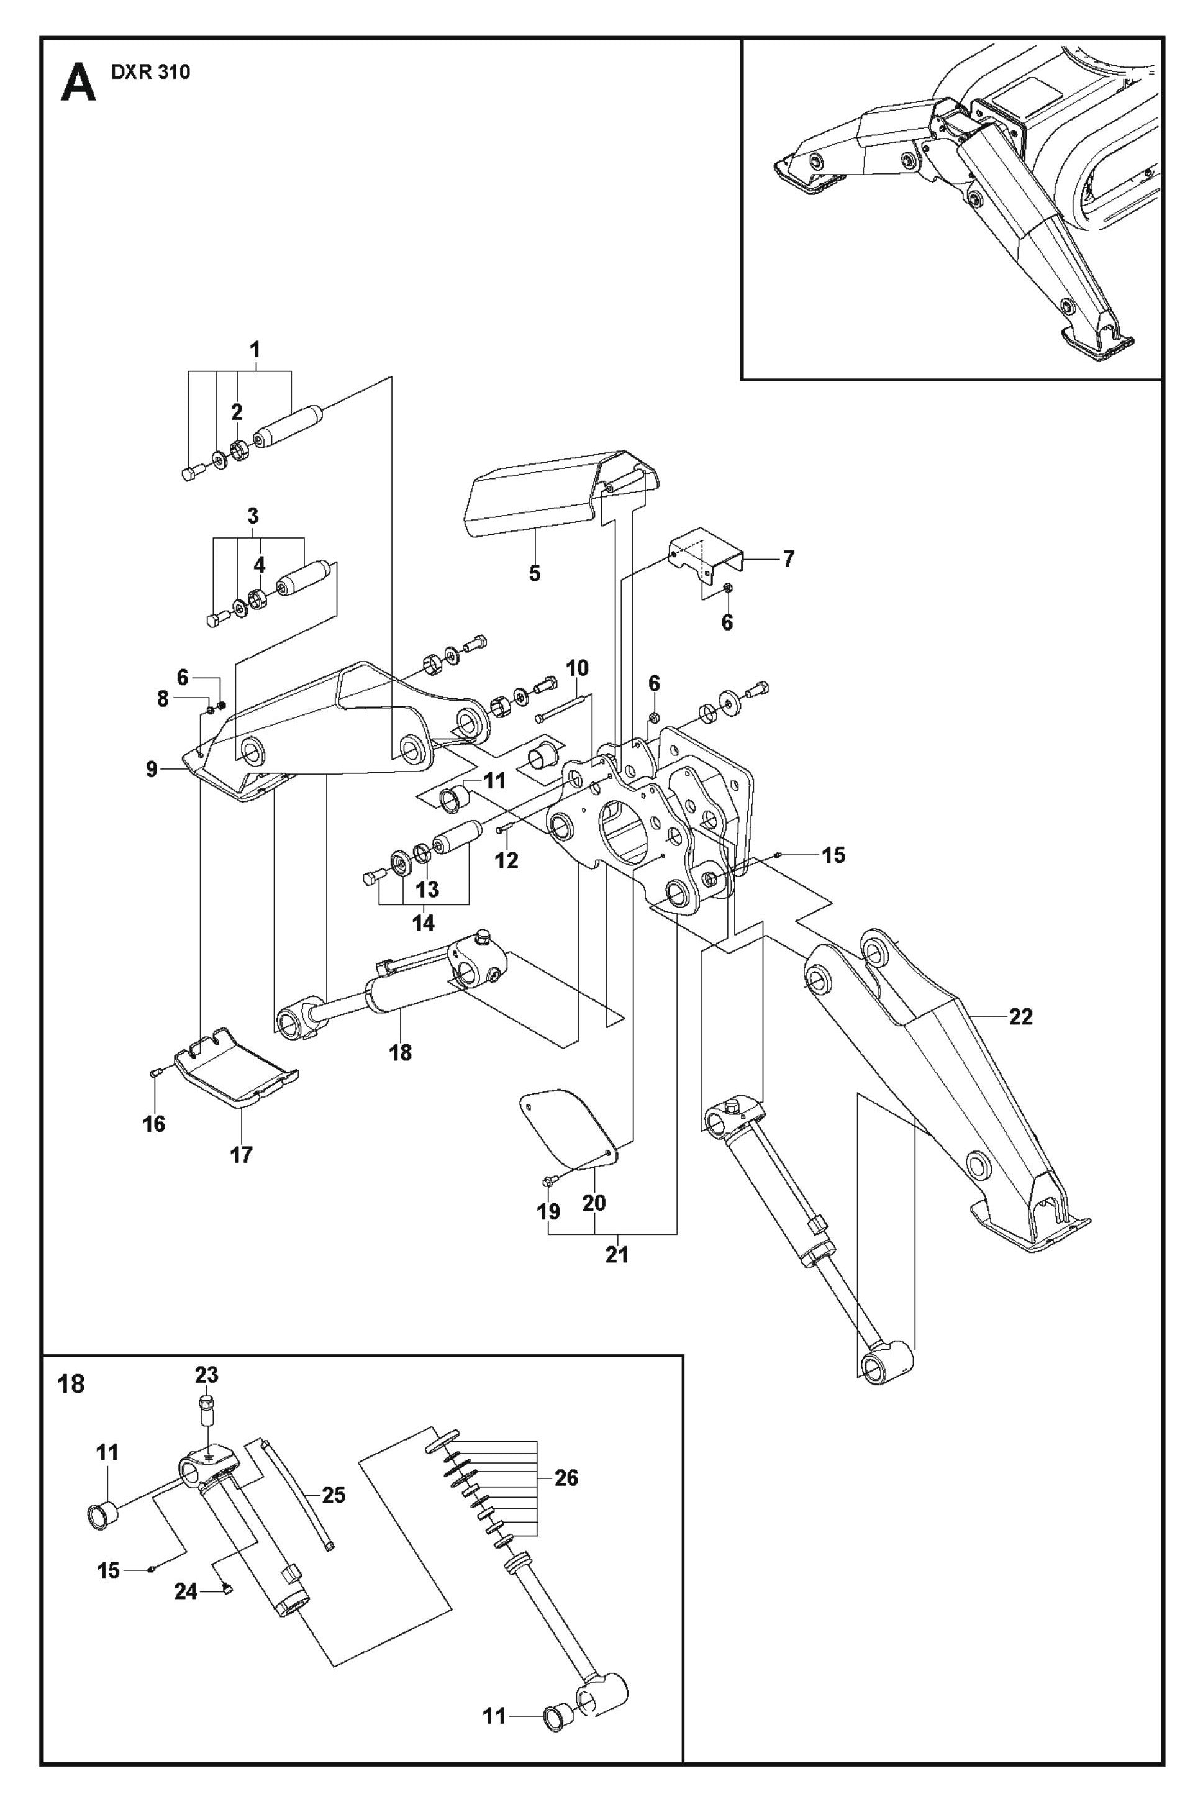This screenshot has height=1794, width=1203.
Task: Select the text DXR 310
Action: (x=150, y=73)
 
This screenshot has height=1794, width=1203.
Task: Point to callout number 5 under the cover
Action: (x=535, y=573)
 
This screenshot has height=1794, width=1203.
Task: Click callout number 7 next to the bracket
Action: (x=788, y=558)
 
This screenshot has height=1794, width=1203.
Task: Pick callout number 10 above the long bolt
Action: (x=577, y=668)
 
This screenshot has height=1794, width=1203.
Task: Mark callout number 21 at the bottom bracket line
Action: (x=617, y=1255)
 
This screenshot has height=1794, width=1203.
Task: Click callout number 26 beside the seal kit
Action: (x=566, y=1478)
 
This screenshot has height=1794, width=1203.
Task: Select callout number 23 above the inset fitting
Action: (x=206, y=1375)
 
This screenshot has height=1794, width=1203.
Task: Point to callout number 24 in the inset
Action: (x=186, y=1592)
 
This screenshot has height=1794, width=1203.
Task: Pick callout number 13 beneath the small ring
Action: (x=427, y=890)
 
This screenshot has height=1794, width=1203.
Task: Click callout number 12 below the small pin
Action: (x=506, y=860)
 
